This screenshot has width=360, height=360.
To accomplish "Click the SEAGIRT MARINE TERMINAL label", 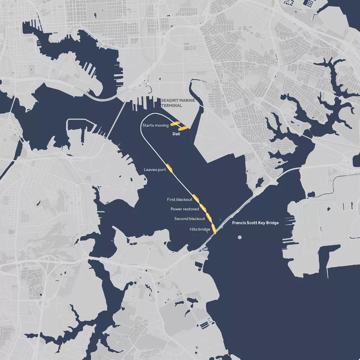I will (178, 103).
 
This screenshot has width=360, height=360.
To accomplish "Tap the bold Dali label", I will (176, 134).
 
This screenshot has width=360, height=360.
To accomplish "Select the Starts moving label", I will (156, 125).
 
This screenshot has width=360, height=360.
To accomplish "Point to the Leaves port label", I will (155, 170).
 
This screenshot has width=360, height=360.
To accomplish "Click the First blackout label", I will (179, 199).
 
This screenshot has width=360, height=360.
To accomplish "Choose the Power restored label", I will (185, 209).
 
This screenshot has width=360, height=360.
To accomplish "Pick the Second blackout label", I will (190, 219).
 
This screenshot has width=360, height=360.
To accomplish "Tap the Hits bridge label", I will (200, 229).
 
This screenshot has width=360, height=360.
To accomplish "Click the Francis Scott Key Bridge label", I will (255, 223).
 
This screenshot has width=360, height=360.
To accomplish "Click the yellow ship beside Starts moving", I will (175, 124).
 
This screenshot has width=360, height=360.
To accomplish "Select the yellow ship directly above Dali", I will (183, 128).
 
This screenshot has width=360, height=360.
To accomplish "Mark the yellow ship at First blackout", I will (196, 197).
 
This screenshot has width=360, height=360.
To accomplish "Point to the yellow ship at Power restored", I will (203, 207).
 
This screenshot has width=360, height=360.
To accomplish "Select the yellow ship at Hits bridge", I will (214, 228).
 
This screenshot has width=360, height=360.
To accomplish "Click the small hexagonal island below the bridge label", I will (240, 238).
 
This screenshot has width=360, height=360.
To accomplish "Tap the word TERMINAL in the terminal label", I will (172, 106).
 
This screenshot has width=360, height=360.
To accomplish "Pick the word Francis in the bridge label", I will (239, 223).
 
